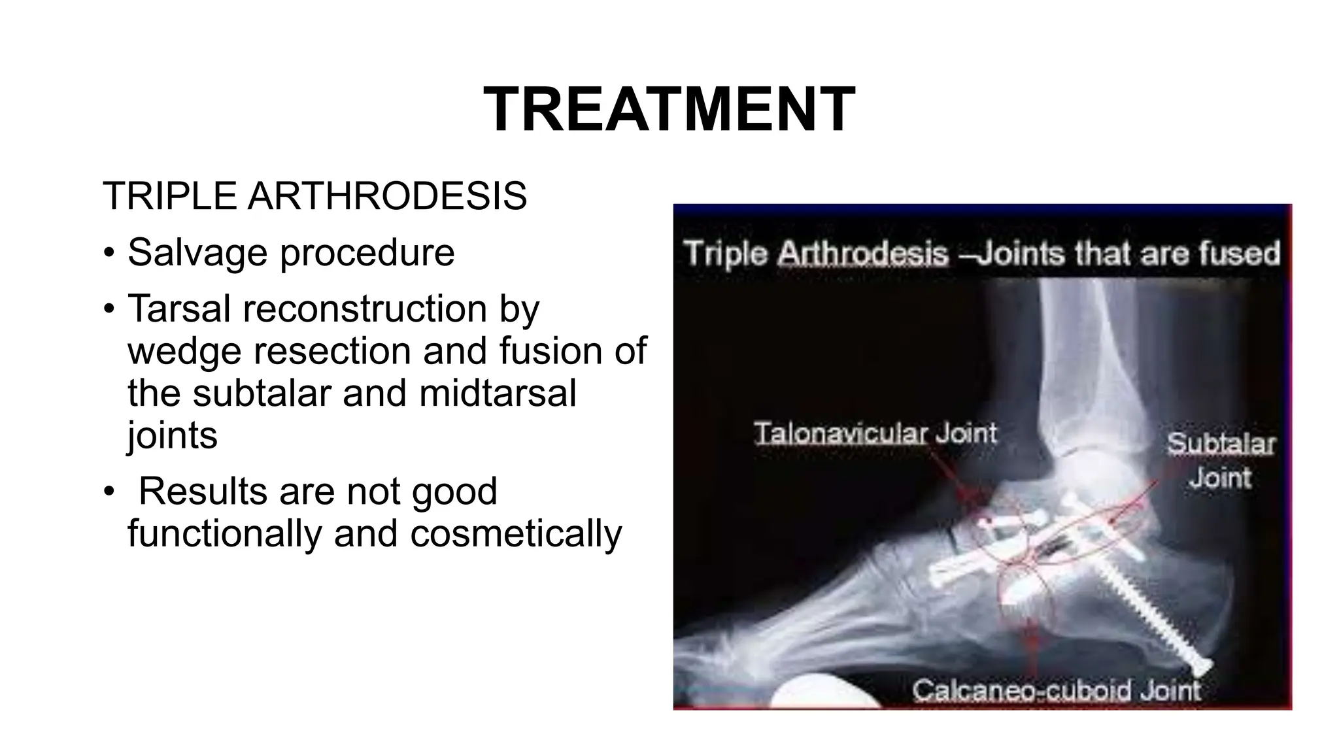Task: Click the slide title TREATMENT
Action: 669,109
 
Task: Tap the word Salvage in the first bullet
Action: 197,252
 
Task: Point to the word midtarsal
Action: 498,393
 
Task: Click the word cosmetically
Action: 516,534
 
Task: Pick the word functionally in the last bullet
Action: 224,534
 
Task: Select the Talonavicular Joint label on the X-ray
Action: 875,433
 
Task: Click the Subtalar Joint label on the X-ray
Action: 1221,460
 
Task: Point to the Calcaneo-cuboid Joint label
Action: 1056,690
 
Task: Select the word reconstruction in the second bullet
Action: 365,309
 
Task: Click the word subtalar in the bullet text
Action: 262,393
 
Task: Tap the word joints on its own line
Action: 172,436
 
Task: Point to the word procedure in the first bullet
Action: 367,254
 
